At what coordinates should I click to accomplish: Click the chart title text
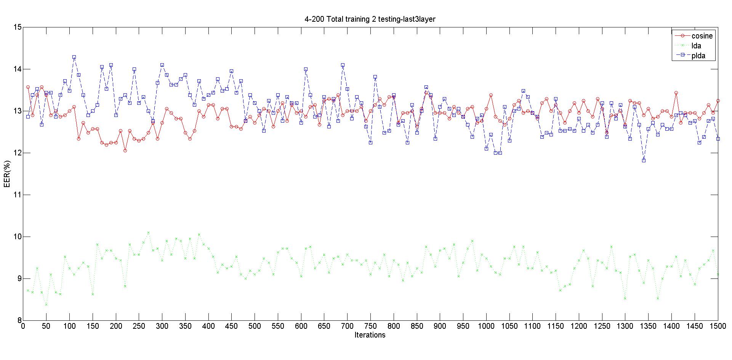370,19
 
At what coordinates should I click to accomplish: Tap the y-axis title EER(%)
7,174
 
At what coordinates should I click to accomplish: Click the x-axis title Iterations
370,335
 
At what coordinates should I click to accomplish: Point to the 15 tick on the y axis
17,27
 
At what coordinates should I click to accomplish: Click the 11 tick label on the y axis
17,195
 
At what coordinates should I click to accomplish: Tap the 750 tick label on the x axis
370,326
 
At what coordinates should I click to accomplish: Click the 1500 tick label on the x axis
718,326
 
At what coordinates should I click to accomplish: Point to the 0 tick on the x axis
23,326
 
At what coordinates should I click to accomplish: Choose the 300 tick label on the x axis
162,326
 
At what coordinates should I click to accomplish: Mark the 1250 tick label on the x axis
602,326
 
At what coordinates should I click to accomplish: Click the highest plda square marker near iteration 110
74,57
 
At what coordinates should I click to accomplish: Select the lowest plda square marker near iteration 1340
644,160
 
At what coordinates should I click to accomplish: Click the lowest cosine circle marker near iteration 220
125,150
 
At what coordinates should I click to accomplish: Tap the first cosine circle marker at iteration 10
28,87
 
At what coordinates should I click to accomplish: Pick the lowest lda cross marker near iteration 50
46,304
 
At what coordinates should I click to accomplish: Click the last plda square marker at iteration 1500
718,139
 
